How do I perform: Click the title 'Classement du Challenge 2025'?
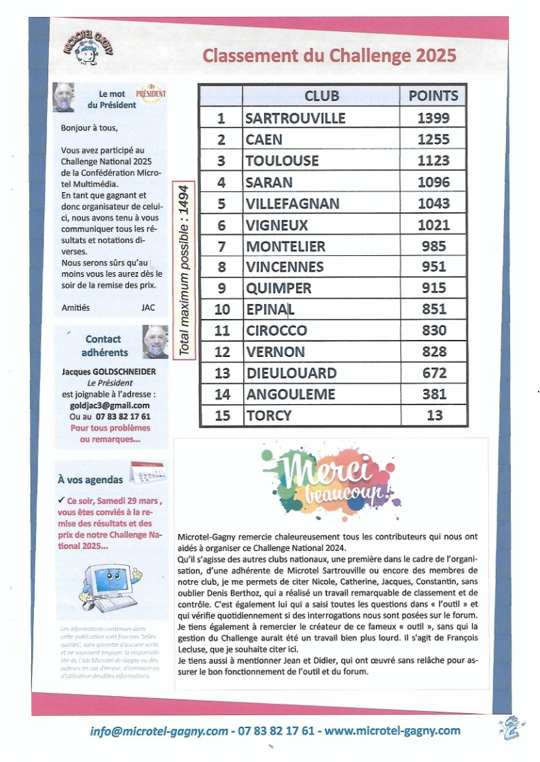coord(329,55)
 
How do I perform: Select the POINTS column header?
coord(433,96)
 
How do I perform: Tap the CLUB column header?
coord(321,96)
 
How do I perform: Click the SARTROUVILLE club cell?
coord(295,118)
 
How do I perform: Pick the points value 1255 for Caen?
coord(433,140)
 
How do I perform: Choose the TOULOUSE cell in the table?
coord(282,161)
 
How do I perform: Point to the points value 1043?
coord(433,204)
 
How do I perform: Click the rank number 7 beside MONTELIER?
coord(221,246)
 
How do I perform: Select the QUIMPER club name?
coord(278,288)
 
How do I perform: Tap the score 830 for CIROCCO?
coord(433,330)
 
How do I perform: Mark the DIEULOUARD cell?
coord(291,373)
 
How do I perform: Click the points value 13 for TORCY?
coord(433,415)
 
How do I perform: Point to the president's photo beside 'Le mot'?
coord(64,97)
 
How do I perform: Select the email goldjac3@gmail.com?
coord(110,405)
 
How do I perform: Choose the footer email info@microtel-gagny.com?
coord(159,731)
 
